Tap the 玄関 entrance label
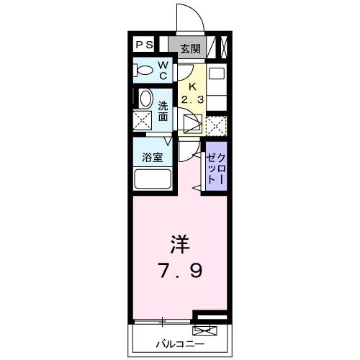[190, 49]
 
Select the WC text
[163, 71]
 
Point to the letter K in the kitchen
[192, 82]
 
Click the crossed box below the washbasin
[142, 120]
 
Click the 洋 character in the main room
[179, 246]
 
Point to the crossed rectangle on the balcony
[204, 331]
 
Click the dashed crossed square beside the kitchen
[215, 125]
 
